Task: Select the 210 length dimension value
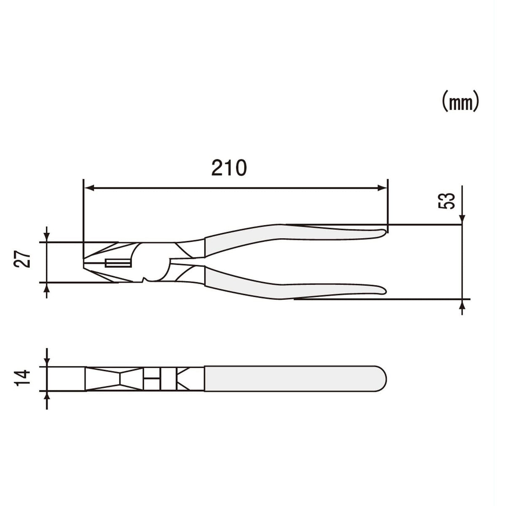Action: coord(229,168)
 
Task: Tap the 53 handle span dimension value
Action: coord(447,201)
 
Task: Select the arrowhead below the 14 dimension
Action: coord(47,396)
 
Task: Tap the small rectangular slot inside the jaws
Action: coord(118,264)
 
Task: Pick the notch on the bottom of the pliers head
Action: coord(145,280)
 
